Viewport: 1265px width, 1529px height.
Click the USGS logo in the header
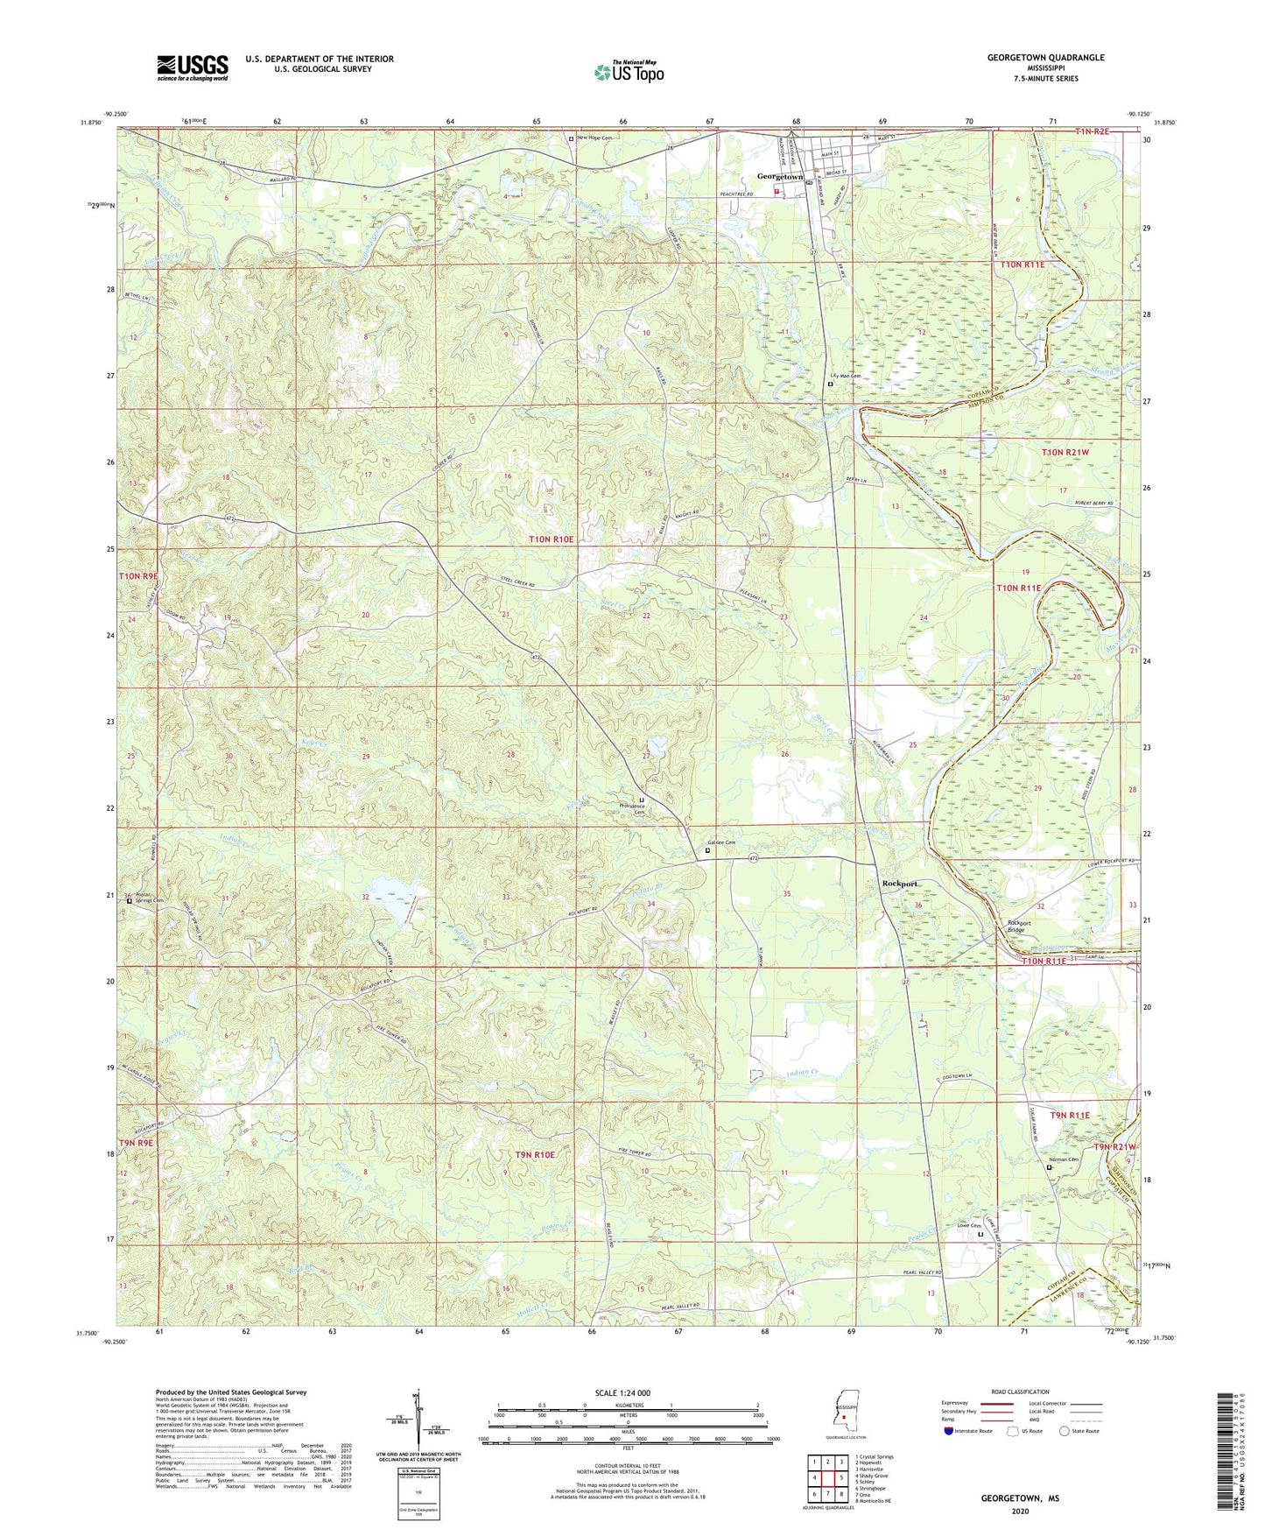coord(193,67)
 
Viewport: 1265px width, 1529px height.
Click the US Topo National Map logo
coord(629,72)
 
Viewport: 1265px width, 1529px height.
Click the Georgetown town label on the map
coord(779,177)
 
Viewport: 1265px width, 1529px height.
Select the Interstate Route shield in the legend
coord(949,1431)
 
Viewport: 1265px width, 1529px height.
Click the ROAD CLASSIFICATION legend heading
coord(1020,1392)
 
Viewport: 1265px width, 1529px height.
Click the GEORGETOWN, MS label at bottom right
coord(1020,1499)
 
